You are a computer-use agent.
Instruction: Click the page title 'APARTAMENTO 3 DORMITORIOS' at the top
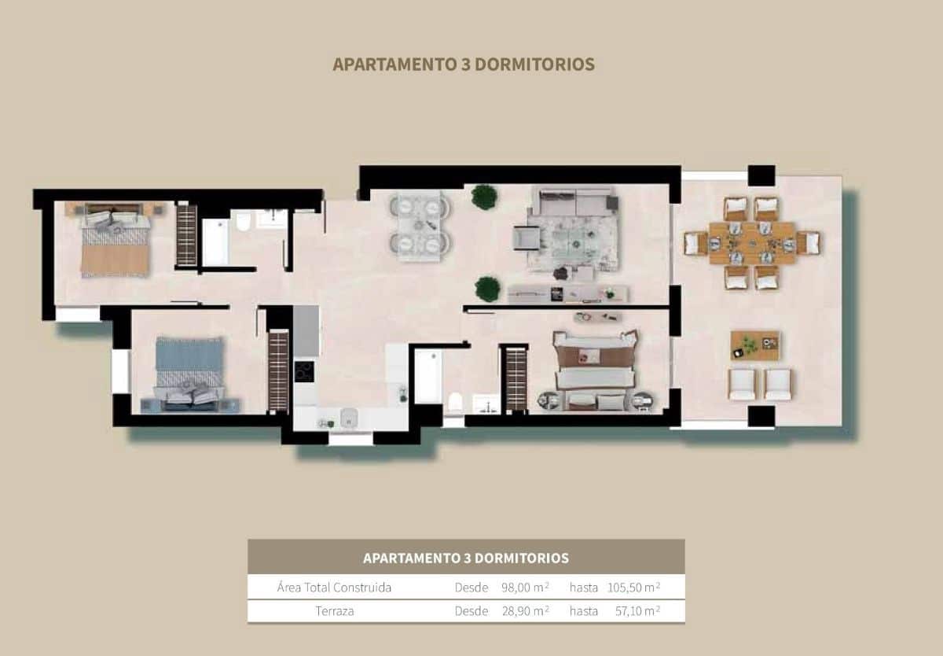[x=464, y=64]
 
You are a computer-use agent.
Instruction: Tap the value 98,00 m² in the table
[x=525, y=587]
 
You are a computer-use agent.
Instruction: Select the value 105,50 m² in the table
[x=634, y=587]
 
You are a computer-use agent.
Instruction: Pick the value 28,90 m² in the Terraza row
[x=525, y=610]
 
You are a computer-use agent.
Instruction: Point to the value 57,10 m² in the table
[x=634, y=610]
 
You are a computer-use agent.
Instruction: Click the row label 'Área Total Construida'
[x=334, y=587]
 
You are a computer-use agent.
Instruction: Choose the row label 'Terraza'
[x=334, y=610]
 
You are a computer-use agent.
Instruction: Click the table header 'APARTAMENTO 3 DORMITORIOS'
[x=466, y=558]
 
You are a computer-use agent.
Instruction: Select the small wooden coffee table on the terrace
[x=754, y=345]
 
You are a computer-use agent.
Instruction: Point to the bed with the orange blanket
[x=115, y=244]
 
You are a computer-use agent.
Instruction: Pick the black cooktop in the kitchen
[x=304, y=371]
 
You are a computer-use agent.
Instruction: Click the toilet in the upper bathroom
[x=242, y=222]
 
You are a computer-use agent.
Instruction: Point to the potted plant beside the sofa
[x=484, y=197]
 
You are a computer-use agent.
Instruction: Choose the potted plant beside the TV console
[x=487, y=289]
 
